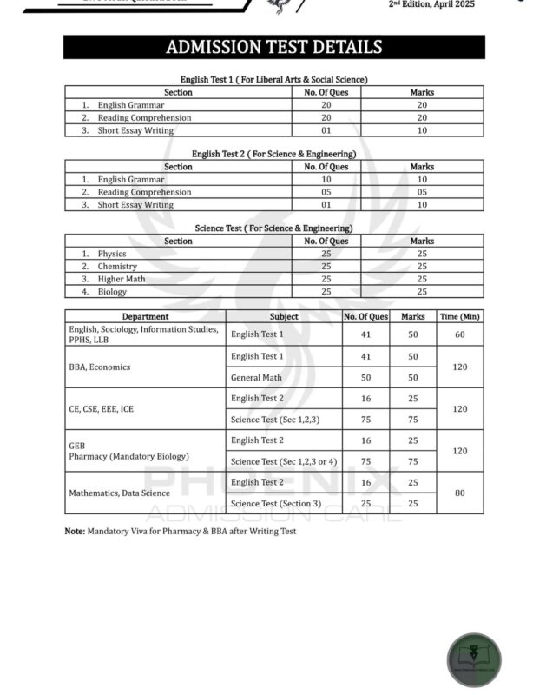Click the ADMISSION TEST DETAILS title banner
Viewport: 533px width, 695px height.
tap(273, 47)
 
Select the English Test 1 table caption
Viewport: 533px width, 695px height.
tap(273, 79)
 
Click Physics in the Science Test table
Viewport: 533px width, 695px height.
tap(112, 254)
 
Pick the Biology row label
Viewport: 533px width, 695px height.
tap(112, 292)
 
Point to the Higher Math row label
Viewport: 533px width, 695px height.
tap(121, 279)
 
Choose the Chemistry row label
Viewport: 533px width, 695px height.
tap(117, 267)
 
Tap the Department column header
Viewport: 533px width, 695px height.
tap(145, 317)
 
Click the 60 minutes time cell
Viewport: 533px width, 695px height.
tap(459, 334)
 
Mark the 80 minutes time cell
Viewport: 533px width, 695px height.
tap(459, 493)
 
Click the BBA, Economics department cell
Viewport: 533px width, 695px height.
tap(99, 367)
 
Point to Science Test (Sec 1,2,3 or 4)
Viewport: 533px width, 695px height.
tap(284, 461)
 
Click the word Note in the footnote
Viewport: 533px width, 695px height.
tap(74, 530)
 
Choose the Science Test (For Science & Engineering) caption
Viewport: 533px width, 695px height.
tap(273, 228)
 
